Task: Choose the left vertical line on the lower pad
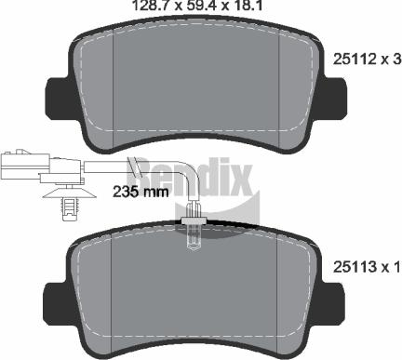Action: (112, 293)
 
